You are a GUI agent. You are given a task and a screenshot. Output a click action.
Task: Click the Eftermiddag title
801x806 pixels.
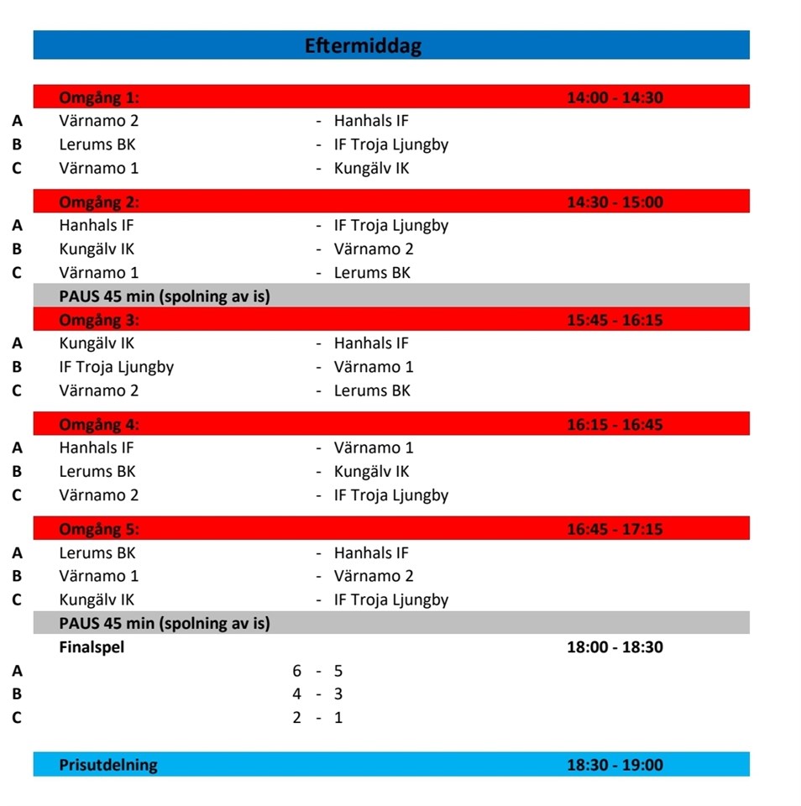point(363,45)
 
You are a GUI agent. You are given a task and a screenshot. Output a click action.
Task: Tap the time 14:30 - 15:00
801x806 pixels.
point(615,202)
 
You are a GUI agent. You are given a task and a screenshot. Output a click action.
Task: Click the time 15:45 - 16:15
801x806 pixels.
point(615,320)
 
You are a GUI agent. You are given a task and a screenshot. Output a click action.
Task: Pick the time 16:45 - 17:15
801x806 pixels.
point(615,529)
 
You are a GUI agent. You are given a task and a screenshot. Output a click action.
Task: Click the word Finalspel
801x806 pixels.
point(92,647)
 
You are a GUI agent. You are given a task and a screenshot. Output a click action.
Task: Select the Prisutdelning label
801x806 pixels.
point(107,765)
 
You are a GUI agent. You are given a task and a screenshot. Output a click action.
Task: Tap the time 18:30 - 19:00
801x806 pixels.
point(615,765)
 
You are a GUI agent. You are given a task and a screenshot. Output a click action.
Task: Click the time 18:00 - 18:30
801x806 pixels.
point(615,647)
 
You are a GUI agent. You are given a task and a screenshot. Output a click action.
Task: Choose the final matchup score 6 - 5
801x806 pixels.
point(317,671)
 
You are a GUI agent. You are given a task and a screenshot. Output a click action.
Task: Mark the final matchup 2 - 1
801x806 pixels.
point(317,718)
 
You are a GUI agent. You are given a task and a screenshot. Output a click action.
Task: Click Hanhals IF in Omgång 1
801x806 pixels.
point(371,121)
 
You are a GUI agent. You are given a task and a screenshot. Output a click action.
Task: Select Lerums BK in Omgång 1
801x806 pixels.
point(97,144)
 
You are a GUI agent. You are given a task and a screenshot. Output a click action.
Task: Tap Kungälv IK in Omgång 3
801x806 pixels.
point(97,343)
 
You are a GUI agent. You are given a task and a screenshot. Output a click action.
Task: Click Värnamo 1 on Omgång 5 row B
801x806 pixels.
point(99,576)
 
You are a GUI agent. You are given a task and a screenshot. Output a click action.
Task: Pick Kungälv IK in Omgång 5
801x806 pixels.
point(97,599)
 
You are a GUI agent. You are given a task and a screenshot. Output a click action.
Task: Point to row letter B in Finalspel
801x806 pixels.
point(17,694)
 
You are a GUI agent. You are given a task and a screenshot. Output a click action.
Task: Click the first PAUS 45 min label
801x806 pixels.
point(165,296)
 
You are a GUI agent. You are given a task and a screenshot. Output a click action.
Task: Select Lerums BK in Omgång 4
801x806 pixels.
point(97,472)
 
